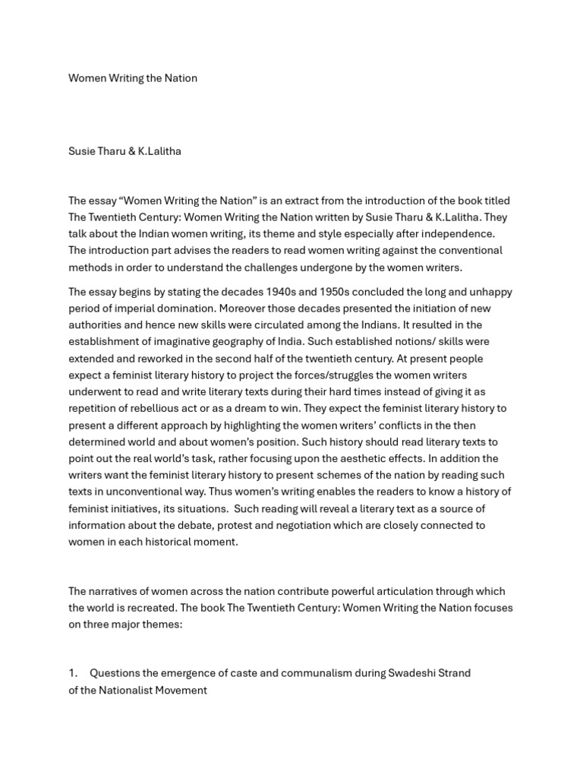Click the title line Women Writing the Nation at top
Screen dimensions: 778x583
[x=133, y=78]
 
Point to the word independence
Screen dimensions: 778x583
[x=462, y=234]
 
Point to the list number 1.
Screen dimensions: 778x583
[x=73, y=673]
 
